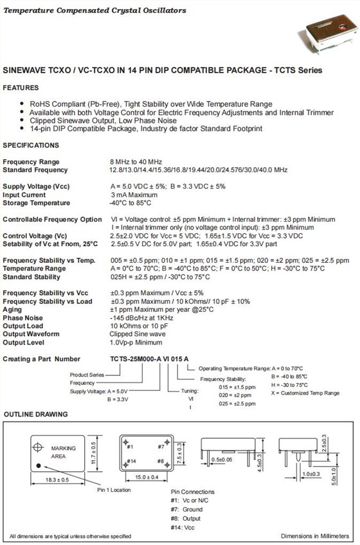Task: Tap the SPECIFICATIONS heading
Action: (31, 145)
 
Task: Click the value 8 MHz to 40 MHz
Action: (136, 162)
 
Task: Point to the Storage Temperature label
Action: (37, 203)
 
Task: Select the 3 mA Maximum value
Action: (134, 195)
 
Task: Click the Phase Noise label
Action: (23, 317)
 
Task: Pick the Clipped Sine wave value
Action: (137, 334)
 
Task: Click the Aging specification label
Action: (13, 309)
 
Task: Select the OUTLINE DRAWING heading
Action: (35, 415)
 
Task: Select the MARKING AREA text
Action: (63, 452)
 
